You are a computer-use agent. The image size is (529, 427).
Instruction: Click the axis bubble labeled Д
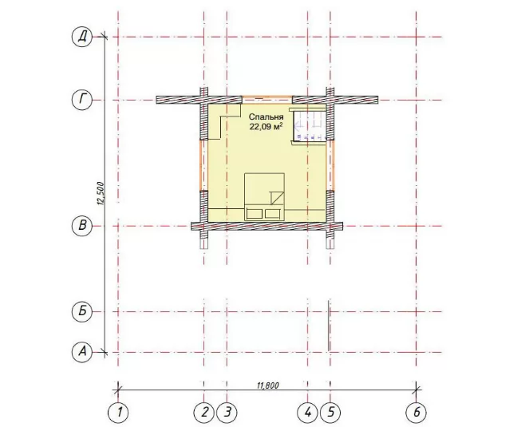(x=82, y=37)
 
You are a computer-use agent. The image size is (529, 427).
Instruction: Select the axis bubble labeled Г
(x=82, y=100)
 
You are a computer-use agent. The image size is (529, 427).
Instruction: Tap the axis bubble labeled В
(x=82, y=226)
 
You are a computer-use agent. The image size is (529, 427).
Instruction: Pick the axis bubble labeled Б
(x=82, y=311)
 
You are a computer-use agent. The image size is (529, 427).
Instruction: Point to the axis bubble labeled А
(x=82, y=352)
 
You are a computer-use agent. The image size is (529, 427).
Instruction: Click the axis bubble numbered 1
(x=118, y=412)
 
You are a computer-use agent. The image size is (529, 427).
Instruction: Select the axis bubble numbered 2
(x=204, y=412)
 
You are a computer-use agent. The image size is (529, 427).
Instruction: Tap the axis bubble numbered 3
(x=227, y=412)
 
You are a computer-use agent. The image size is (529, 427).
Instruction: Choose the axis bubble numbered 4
(x=307, y=412)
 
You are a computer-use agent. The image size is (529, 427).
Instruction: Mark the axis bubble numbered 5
(x=330, y=412)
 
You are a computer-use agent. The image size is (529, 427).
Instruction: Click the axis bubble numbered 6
(x=416, y=412)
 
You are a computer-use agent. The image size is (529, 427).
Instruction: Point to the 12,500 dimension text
(x=101, y=194)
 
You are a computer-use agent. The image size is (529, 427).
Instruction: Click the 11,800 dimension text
(x=268, y=385)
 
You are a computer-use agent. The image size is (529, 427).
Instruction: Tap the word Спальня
(x=266, y=117)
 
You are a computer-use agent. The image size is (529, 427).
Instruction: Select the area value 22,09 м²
(x=266, y=127)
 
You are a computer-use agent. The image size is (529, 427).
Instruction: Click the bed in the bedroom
(x=265, y=197)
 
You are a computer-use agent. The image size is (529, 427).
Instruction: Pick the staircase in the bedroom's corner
(x=309, y=125)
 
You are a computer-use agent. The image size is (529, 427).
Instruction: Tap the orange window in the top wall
(x=267, y=97)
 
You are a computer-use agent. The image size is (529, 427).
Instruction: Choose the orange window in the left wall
(x=202, y=165)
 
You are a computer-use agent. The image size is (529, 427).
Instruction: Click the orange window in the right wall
(x=332, y=165)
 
